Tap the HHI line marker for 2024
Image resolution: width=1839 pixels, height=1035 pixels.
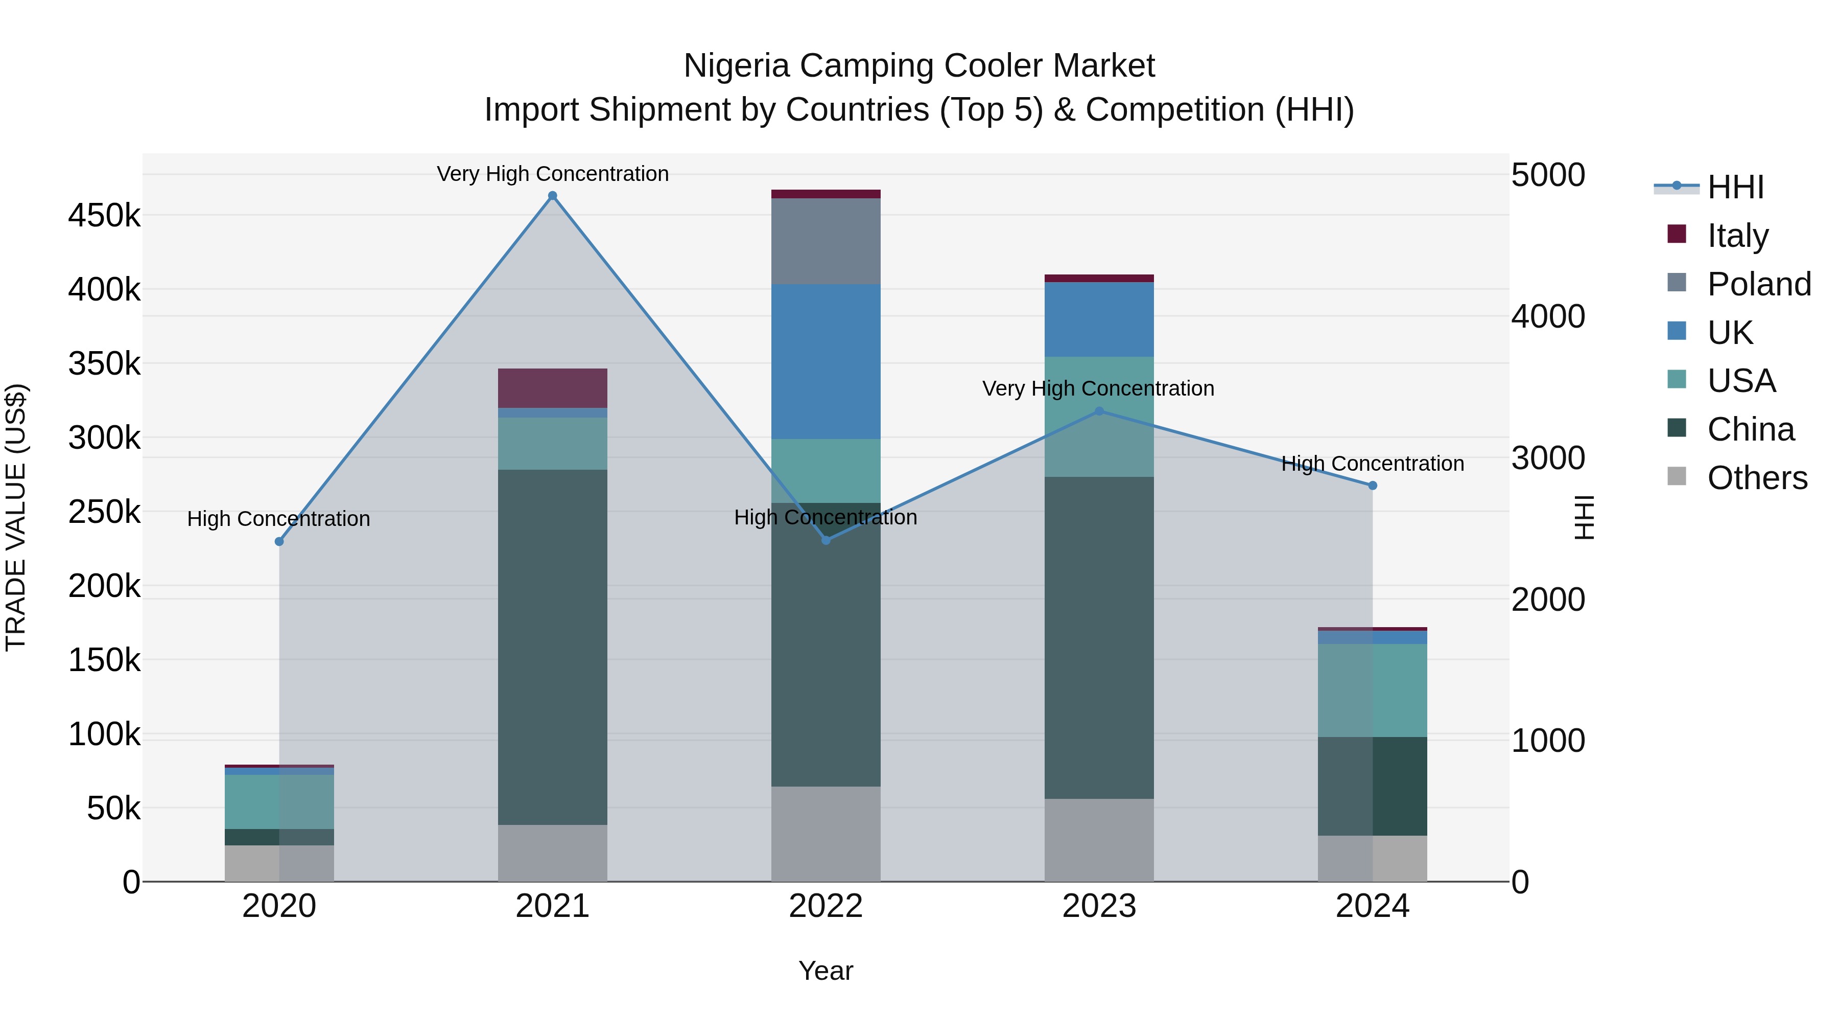pyautogui.click(x=1372, y=486)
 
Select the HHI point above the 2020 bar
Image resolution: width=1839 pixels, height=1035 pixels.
pyautogui.click(x=279, y=541)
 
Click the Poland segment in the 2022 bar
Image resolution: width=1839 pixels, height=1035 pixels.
pyautogui.click(x=826, y=241)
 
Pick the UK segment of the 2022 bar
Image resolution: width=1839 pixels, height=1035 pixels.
pyautogui.click(x=826, y=361)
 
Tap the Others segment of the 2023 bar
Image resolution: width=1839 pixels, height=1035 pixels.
pyautogui.click(x=1099, y=839)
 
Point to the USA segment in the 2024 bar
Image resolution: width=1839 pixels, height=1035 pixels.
pyautogui.click(x=1372, y=690)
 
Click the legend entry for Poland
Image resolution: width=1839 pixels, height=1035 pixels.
pyautogui.click(x=1759, y=284)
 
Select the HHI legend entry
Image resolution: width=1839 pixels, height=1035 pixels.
pyautogui.click(x=1735, y=187)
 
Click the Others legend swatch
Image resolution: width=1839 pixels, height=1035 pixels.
pyautogui.click(x=1676, y=476)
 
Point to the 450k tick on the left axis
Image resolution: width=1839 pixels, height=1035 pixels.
pyautogui.click(x=104, y=216)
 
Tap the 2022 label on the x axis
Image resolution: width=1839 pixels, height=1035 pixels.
pyautogui.click(x=826, y=906)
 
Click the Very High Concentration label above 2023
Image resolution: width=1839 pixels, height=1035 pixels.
pyautogui.click(x=1098, y=388)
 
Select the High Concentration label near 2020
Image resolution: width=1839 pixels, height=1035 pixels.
pyautogui.click(x=278, y=519)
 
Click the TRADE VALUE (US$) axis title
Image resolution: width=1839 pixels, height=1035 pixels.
pyautogui.click(x=16, y=517)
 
